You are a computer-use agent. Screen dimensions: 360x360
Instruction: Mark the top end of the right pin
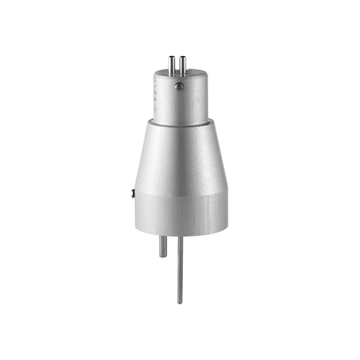pos(181,57)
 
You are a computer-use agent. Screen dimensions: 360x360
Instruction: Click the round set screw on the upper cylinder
pos(179,86)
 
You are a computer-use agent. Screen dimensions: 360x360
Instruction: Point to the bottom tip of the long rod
pos(180,302)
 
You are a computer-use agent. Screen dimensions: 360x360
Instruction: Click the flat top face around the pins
pos(193,72)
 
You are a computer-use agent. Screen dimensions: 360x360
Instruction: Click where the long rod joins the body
pos(180,236)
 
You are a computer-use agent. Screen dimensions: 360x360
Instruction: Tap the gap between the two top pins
pos(177,65)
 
